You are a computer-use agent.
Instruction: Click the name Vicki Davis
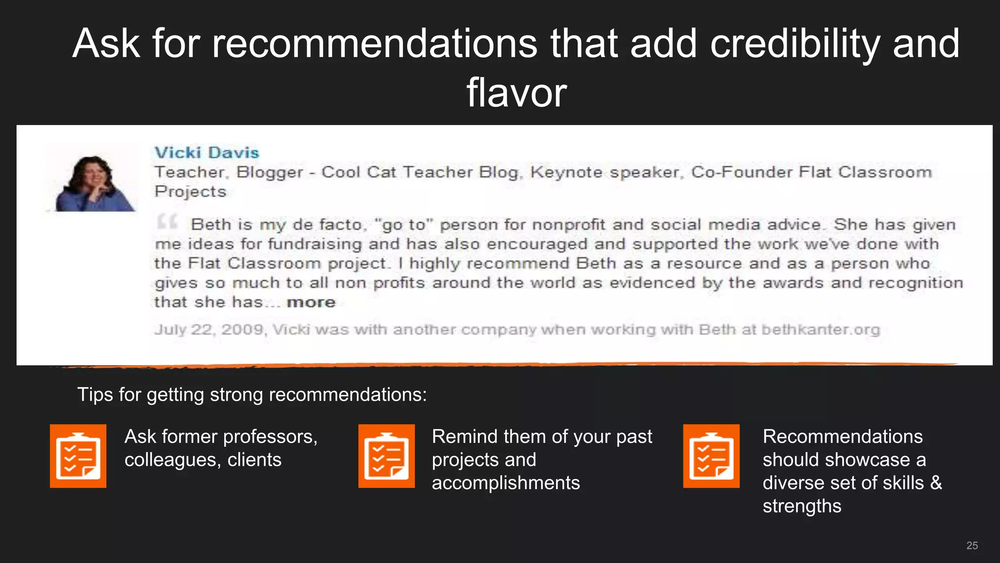coord(207,152)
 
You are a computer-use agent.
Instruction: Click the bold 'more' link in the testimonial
coord(311,303)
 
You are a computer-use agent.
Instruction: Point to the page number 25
coord(972,545)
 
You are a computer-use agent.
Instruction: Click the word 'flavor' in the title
coord(516,93)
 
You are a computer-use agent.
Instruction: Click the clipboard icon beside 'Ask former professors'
coord(78,456)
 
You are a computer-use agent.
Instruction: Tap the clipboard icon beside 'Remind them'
coord(386,456)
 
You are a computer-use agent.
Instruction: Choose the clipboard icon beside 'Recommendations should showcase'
coord(711,456)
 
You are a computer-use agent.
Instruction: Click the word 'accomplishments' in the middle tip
coord(505,483)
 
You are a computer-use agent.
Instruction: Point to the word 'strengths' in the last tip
coord(802,506)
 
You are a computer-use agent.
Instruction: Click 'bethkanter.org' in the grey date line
coord(820,330)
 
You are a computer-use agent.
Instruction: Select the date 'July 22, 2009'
coord(209,330)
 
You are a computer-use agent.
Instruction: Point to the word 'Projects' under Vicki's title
coord(190,192)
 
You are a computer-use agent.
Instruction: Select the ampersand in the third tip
coord(936,483)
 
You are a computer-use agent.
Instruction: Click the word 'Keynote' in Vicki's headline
coord(566,172)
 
